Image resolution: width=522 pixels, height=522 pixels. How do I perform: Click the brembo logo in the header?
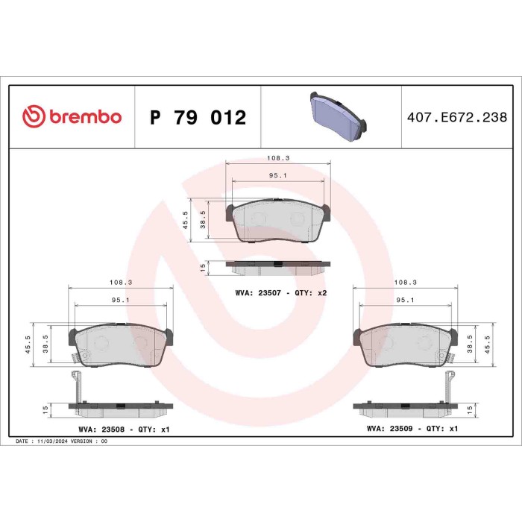pos(72,117)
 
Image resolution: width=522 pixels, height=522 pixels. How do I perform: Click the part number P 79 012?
pos(198,118)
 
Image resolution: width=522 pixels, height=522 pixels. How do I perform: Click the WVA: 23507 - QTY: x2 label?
pos(281,293)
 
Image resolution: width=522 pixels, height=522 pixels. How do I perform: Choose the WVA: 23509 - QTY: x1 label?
pos(412,430)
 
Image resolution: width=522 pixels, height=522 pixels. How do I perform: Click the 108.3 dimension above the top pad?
pos(278,158)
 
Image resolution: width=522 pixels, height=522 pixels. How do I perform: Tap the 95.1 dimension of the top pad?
pos(278,176)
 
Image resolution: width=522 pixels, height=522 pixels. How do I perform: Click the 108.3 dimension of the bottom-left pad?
pos(120,283)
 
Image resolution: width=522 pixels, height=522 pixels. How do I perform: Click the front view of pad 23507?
pos(278,221)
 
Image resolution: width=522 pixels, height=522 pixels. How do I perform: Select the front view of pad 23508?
pos(120,345)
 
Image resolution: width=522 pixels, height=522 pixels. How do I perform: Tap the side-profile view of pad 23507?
pos(278,265)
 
